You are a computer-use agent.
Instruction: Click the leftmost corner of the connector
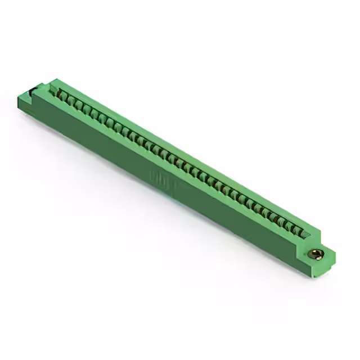[x=19, y=101]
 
